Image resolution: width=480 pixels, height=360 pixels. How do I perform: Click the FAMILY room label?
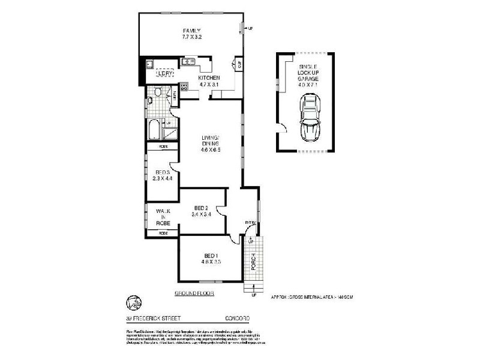coord(191,31)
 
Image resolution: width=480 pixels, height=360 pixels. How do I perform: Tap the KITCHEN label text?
coord(209,78)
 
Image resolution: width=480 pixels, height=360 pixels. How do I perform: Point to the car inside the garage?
coord(310,118)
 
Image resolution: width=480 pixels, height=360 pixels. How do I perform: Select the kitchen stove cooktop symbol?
coord(184,87)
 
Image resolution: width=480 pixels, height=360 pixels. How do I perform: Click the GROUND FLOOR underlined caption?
coord(194,293)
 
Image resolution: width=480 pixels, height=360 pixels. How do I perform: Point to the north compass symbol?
coord(133,302)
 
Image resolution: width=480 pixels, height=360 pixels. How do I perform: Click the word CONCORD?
coord(237,318)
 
